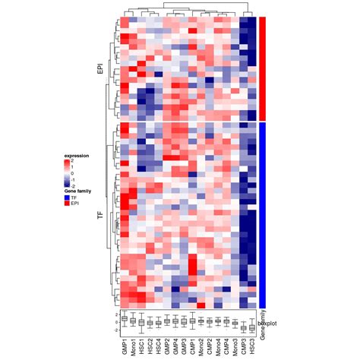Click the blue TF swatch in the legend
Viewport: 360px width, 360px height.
[68, 197]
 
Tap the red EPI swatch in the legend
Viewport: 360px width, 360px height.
[68, 204]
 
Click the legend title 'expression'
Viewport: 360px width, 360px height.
[77, 155]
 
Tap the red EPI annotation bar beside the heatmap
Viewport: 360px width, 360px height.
[262, 68]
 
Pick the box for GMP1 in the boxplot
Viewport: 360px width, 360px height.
[124, 319]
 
